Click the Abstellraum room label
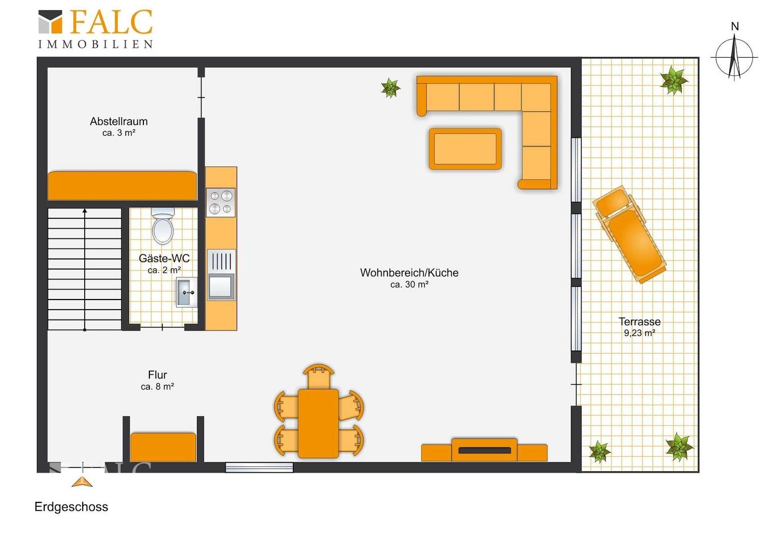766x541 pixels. (119, 121)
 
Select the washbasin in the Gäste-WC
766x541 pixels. (186, 292)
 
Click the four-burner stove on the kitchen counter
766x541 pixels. (221, 202)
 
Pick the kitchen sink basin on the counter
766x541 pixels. (221, 287)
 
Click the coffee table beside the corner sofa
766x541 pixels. (465, 149)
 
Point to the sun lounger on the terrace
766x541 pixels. (629, 234)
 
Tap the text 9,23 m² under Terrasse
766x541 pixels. (640, 333)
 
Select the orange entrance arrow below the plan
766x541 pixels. (82, 481)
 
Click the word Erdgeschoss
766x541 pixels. (71, 506)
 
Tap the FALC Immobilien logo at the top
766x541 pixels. (95, 29)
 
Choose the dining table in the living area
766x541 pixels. (318, 423)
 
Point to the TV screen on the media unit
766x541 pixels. (485, 450)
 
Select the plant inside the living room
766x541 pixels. (391, 88)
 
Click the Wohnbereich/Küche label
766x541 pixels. (410, 273)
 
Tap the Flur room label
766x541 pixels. (157, 375)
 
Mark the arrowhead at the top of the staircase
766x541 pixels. (85, 211)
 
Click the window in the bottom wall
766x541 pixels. (259, 467)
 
